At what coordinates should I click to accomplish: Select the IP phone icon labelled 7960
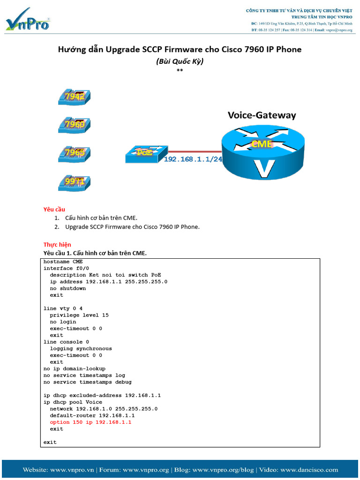click(x=75, y=125)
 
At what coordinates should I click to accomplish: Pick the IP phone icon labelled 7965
click(x=75, y=153)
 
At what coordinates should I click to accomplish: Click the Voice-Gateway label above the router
click(x=262, y=115)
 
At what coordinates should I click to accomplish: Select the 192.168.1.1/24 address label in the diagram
click(x=193, y=159)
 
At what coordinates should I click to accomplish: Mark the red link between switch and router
click(x=192, y=151)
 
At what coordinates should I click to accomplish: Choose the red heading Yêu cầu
click(x=54, y=209)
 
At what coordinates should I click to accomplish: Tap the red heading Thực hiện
click(x=57, y=245)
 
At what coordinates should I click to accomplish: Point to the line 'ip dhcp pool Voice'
click(x=73, y=402)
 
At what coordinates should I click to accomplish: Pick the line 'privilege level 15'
click(x=79, y=315)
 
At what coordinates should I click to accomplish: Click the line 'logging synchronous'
click(x=81, y=349)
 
